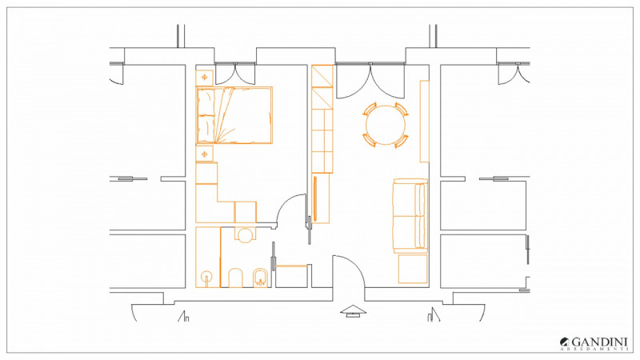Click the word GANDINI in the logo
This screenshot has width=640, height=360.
(599, 342)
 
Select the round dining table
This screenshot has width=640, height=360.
(386, 125)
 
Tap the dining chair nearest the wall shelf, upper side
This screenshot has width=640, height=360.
(402, 110)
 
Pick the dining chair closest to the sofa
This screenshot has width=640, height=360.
(402, 141)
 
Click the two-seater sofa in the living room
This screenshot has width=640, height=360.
(410, 215)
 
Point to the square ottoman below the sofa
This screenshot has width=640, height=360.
(413, 269)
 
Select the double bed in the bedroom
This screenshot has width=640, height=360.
(234, 115)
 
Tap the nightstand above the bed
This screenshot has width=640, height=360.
(205, 78)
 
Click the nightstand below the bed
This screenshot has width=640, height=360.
(205, 154)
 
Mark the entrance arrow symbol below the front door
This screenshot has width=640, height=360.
(353, 311)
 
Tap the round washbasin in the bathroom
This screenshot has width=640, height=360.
(245, 235)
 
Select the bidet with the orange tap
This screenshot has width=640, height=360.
(260, 278)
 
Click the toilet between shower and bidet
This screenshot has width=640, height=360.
(235, 278)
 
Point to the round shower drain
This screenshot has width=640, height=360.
(207, 276)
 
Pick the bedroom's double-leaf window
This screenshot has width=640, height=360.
(235, 74)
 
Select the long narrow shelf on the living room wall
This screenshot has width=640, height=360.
(425, 122)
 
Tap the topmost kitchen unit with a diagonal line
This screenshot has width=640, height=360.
(322, 76)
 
